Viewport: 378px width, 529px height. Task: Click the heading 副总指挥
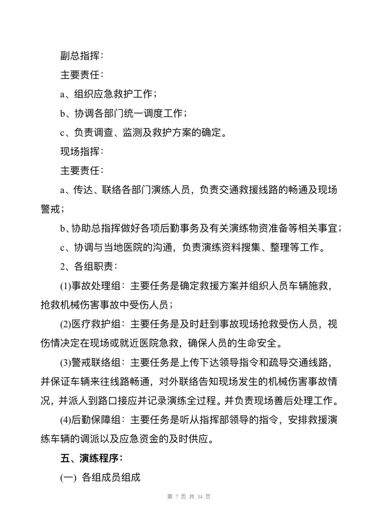coord(80,56)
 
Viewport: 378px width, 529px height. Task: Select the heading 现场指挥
coord(80,151)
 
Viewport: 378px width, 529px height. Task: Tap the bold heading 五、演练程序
coord(91,458)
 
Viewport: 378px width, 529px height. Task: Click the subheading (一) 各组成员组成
coord(100,477)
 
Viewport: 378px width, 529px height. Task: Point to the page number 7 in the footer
coord(177,496)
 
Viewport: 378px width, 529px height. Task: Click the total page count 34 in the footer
coord(200,496)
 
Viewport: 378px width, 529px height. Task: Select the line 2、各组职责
coord(89,266)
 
